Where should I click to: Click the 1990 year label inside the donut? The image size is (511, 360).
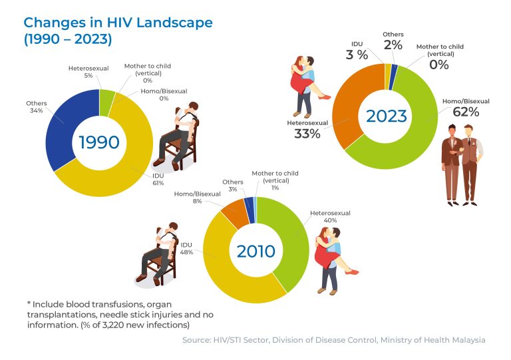click(x=100, y=142)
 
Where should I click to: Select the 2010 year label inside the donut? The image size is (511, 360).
click(x=256, y=252)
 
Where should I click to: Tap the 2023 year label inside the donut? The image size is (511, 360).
click(x=386, y=116)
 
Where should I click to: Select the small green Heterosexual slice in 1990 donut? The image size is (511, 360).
click(x=106, y=98)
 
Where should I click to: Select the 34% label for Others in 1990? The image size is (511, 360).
click(x=35, y=110)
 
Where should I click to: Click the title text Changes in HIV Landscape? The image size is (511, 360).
click(x=118, y=23)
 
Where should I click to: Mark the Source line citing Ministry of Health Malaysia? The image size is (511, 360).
click(x=333, y=340)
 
